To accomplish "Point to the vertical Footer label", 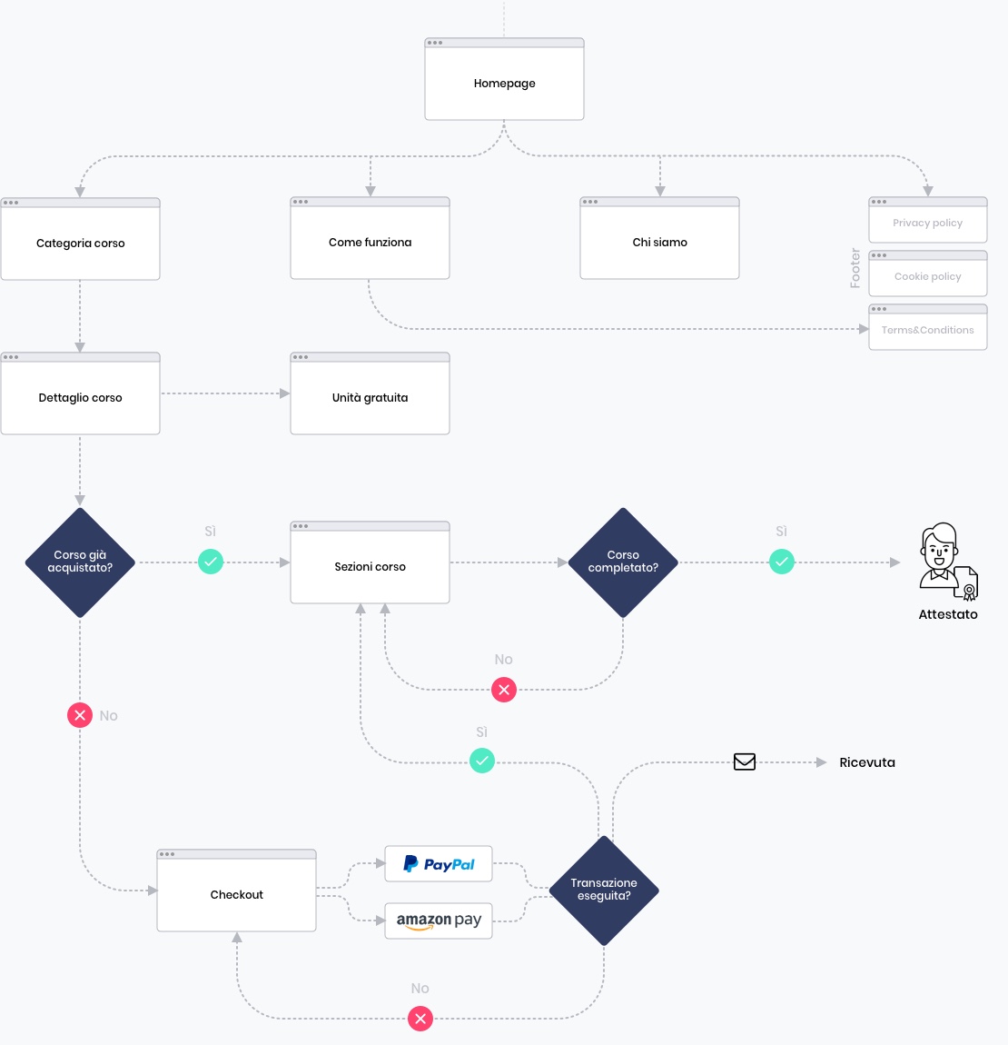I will tap(855, 268).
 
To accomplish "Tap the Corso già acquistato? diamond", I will tap(80, 562).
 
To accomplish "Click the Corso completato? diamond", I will tap(623, 562).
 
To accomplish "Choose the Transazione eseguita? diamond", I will tap(604, 891).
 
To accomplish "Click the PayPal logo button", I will tap(439, 864).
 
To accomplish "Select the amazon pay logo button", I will tap(439, 921).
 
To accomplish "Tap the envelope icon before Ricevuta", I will tap(745, 762).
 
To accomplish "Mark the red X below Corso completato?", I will tap(504, 690).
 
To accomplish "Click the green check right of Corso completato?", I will tap(782, 562).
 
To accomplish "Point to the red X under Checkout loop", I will tap(420, 1019).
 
